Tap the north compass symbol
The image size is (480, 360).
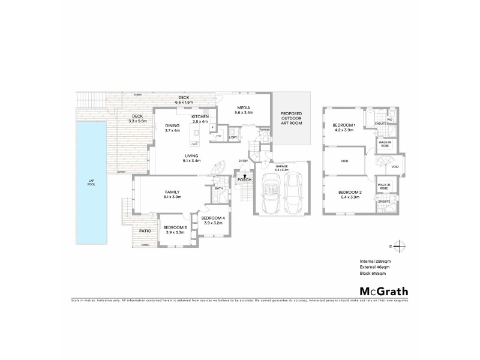[401, 245]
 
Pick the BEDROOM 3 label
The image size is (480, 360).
[176, 227]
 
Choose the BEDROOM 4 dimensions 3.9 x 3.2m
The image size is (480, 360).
[214, 223]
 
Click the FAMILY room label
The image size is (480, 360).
[173, 192]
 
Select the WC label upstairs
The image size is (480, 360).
[389, 119]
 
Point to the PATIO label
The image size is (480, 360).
[145, 230]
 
